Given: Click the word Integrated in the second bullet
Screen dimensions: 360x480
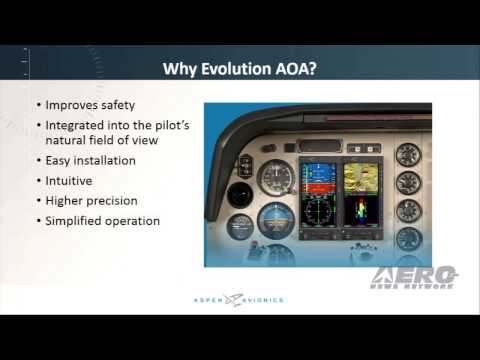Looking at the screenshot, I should pyautogui.click(x=74, y=125).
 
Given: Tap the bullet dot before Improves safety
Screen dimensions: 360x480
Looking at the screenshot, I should pyautogui.click(x=38, y=105).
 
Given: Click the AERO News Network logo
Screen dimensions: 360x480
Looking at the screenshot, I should pyautogui.click(x=414, y=278).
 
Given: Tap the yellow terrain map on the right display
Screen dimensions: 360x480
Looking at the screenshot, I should pyautogui.click(x=360, y=179).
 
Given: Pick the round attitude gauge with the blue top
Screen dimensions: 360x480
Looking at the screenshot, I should pyautogui.click(x=273, y=217).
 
